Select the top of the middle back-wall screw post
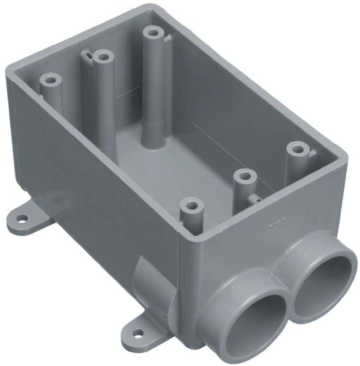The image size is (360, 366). tap(104, 57)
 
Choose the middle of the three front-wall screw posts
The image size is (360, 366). tap(246, 176)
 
